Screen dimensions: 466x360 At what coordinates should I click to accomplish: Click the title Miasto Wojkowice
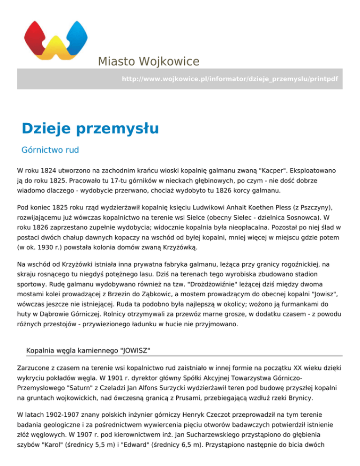tap(149, 61)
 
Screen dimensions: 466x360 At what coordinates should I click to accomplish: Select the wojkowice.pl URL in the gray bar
tap(230, 79)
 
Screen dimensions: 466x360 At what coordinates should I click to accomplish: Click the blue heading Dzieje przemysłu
tap(90, 128)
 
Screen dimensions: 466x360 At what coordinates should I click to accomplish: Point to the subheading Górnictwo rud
tap(50, 150)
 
